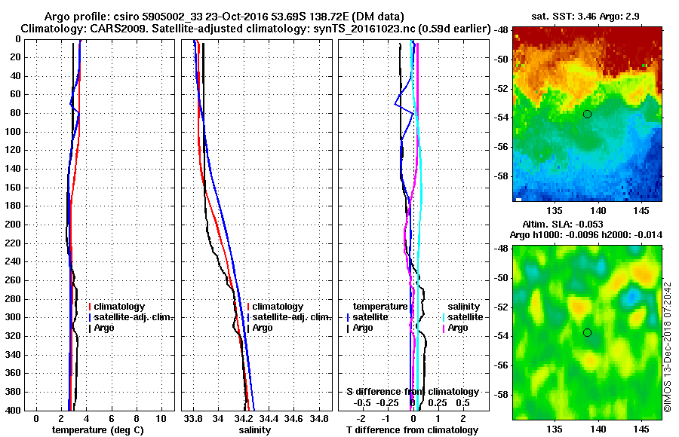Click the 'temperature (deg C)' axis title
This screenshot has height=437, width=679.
(97, 430)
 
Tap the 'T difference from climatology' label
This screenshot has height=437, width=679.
(412, 430)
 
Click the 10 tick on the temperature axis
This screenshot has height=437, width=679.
(161, 418)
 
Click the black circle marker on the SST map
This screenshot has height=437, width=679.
(587, 114)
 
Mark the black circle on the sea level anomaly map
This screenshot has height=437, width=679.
(587, 332)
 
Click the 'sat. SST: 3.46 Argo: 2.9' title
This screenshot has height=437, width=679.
(588, 16)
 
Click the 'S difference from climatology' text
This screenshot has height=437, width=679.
(412, 392)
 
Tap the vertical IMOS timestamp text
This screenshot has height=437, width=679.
(668, 347)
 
